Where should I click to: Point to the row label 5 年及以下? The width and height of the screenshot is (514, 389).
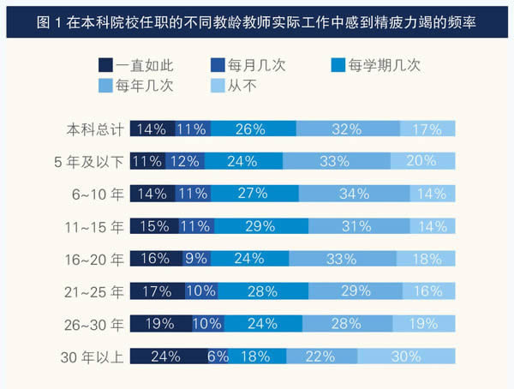(x=87, y=161)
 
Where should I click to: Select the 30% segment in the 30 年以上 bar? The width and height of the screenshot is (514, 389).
(x=406, y=356)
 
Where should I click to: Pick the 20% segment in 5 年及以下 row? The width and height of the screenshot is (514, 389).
(x=423, y=161)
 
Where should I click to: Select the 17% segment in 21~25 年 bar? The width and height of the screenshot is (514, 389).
(x=158, y=291)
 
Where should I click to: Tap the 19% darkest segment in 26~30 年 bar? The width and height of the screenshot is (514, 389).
(x=160, y=324)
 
